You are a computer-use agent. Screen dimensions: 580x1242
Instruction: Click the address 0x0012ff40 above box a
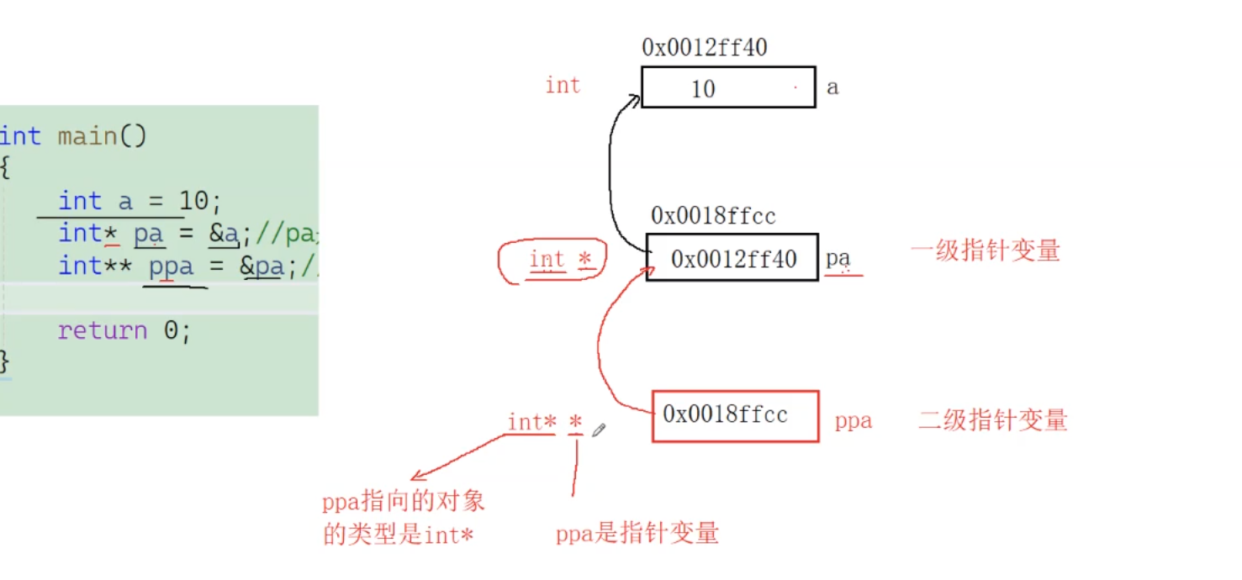click(704, 48)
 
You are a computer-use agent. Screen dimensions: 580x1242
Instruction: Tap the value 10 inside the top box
click(703, 88)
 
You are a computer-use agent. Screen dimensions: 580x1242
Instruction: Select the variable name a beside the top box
click(832, 87)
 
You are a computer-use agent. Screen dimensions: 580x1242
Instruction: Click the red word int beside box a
click(563, 85)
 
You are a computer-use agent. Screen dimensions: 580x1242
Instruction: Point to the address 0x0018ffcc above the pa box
click(713, 216)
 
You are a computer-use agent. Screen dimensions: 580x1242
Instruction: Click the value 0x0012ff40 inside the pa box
click(733, 259)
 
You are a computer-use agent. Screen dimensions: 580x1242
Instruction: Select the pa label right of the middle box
click(838, 258)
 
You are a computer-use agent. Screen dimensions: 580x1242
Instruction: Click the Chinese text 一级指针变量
click(985, 250)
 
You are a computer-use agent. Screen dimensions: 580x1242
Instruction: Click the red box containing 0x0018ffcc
click(734, 415)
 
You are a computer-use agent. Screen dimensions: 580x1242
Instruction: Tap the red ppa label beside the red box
click(853, 421)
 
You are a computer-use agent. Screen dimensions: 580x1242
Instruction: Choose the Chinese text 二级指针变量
click(992, 419)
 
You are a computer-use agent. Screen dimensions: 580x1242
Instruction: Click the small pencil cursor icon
click(599, 430)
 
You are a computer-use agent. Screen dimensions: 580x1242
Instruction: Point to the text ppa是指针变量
click(637, 533)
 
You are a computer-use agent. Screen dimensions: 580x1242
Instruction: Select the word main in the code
click(87, 135)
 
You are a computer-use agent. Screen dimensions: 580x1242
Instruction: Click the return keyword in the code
click(103, 330)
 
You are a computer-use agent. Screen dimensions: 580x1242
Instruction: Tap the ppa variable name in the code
click(171, 266)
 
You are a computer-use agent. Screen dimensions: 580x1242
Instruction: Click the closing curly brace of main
click(5, 361)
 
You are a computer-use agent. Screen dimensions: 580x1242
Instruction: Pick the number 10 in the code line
click(194, 201)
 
